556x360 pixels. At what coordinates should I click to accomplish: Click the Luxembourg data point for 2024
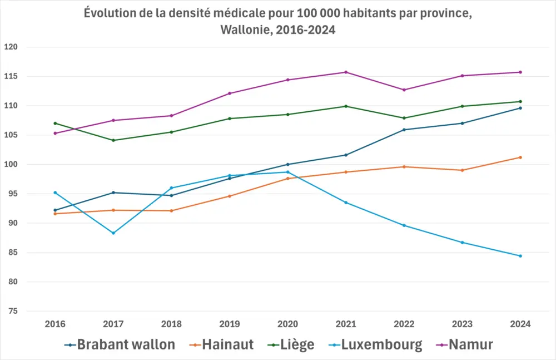click(520, 256)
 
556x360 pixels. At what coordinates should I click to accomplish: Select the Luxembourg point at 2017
click(113, 233)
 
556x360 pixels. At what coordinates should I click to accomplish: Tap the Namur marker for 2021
click(346, 72)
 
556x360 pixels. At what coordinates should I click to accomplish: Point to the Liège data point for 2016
click(55, 123)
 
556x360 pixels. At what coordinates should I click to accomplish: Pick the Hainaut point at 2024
click(520, 157)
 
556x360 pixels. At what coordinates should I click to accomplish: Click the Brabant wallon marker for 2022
click(404, 130)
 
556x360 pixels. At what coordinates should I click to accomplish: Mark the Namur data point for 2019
click(230, 93)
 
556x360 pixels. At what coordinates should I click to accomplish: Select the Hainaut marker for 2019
click(230, 196)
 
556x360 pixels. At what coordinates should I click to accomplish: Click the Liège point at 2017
click(113, 140)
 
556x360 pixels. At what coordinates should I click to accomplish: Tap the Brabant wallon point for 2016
click(55, 210)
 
